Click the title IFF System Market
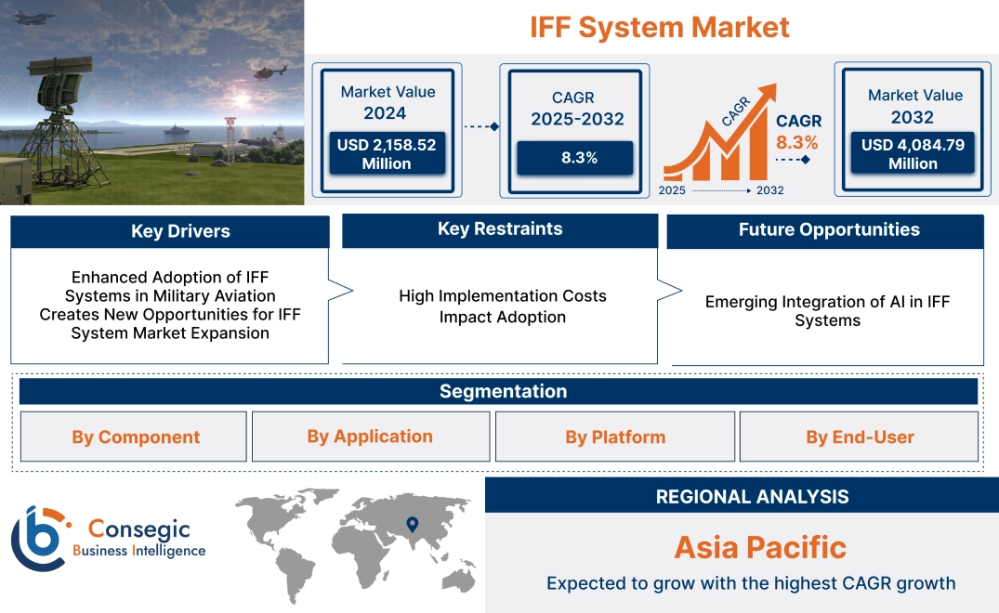tap(660, 27)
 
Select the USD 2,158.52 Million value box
tap(386, 154)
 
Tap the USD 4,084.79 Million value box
tap(913, 154)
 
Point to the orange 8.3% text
tap(797, 142)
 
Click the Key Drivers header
tap(169, 231)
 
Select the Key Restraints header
tap(500, 229)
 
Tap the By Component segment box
tap(136, 437)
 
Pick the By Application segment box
tap(370, 437)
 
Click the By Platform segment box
tap(615, 437)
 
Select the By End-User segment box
tap(860, 437)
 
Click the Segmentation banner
tap(503, 391)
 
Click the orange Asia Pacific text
tap(760, 547)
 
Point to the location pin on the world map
tap(413, 526)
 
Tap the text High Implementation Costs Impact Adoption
tap(502, 306)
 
